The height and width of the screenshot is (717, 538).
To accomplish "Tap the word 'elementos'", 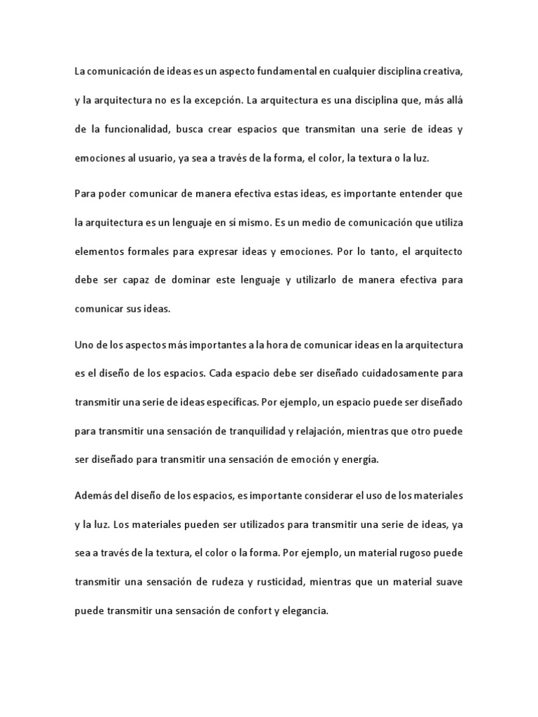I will pyautogui.click(x=99, y=251).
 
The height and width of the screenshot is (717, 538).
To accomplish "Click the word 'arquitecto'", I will pyautogui.click(x=434, y=251).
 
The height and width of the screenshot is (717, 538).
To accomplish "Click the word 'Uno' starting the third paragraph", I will pyautogui.click(x=83, y=345).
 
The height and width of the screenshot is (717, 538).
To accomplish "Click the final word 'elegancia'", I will pyautogui.click(x=303, y=611).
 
